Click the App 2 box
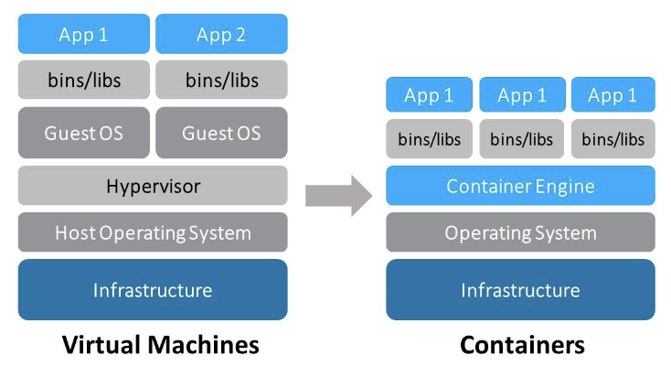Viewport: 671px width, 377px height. tap(221, 34)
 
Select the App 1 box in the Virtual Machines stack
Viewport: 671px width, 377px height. tap(83, 34)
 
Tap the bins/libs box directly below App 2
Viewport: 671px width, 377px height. tap(221, 80)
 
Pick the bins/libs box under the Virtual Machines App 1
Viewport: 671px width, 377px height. tap(83, 80)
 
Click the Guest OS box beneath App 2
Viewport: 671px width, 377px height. tap(221, 133)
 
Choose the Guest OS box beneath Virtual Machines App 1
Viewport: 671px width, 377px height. tap(83, 133)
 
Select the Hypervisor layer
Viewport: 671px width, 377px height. tap(153, 186)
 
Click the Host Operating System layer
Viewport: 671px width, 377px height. tap(153, 232)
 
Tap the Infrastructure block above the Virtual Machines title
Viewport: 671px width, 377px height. tap(153, 290)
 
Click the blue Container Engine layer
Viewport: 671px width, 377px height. tap(520, 186)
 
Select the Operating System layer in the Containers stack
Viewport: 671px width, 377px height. tap(520, 232)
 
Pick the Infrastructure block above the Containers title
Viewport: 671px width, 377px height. tap(520, 290)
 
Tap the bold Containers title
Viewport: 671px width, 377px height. tap(521, 345)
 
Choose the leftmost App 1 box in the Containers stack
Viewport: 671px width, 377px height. tap(429, 95)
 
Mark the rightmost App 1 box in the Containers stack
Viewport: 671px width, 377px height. tap(612, 95)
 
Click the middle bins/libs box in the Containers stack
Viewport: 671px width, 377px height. tap(521, 139)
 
